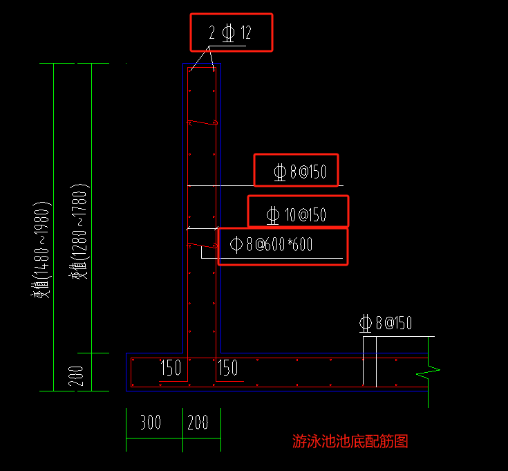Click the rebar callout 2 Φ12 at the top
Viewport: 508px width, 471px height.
[230, 33]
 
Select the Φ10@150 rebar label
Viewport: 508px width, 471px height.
[296, 215]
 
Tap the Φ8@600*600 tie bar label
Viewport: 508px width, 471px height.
[271, 244]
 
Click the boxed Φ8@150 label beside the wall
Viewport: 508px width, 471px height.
[300, 172]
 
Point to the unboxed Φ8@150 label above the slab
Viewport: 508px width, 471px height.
[386, 323]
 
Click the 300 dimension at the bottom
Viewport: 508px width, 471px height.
[151, 423]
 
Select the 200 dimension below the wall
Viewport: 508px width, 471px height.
[198, 423]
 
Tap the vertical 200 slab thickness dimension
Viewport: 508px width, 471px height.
[76, 376]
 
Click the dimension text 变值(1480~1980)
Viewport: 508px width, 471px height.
[41, 249]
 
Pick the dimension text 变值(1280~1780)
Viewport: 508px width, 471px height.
[79, 231]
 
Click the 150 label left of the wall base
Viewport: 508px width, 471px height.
[171, 367]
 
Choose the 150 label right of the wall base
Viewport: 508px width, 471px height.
[228, 367]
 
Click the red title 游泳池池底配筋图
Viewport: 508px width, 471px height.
[350, 441]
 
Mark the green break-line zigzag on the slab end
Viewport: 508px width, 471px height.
[428, 372]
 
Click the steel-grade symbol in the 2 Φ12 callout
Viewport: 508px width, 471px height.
[228, 33]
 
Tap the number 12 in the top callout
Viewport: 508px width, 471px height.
[246, 33]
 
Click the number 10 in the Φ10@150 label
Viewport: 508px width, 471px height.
[290, 215]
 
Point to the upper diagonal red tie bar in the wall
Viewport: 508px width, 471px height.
[203, 122]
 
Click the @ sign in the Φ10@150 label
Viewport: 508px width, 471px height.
[303, 215]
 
